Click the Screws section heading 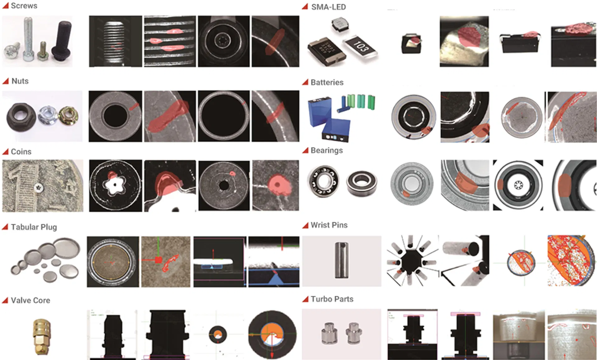[x=24, y=6]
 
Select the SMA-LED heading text [x=328, y=7]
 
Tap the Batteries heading [x=327, y=82]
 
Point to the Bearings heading [x=326, y=150]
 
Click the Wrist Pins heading [x=329, y=225]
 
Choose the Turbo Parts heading [x=332, y=299]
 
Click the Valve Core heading [x=30, y=300]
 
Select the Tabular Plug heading [x=34, y=227]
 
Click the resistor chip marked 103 [x=361, y=47]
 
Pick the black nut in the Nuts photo [x=20, y=117]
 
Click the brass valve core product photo [x=41, y=336]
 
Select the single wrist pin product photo [x=341, y=260]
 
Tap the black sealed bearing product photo [x=362, y=183]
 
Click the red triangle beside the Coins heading [x=5, y=152]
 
